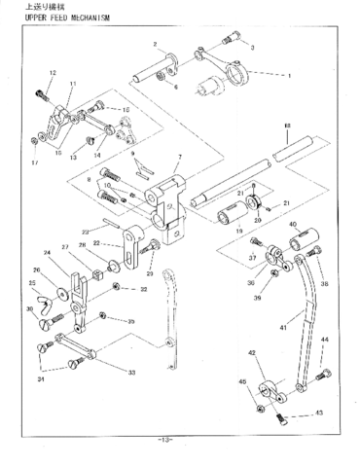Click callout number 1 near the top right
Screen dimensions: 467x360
tap(288, 75)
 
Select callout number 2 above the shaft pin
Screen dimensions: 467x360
tap(154, 45)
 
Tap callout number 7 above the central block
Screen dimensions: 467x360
tap(179, 158)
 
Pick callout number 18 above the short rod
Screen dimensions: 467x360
tap(287, 126)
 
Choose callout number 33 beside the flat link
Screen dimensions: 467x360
tap(131, 372)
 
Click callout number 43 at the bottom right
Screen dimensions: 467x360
tap(318, 413)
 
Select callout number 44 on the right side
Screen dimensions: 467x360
tap(325, 340)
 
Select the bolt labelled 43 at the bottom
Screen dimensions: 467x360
tap(282, 419)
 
